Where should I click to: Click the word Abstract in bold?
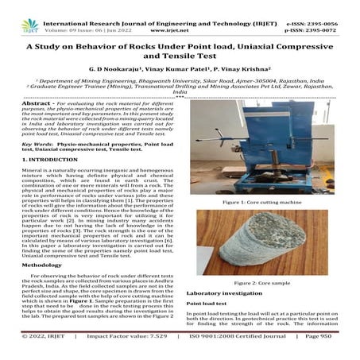point(32,103)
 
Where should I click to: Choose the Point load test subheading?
point(207,304)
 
